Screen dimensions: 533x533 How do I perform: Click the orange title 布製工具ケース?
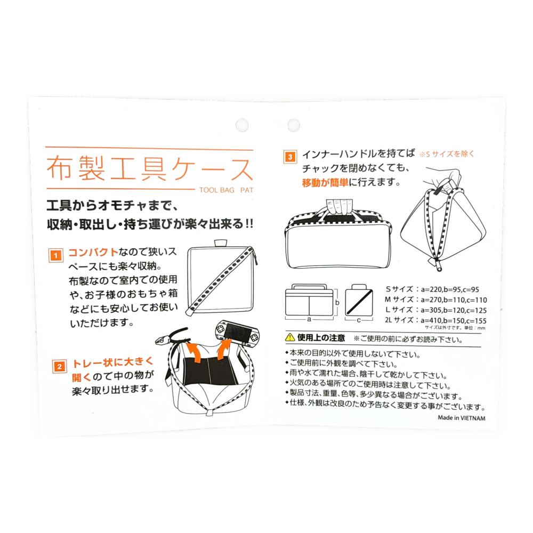(150, 168)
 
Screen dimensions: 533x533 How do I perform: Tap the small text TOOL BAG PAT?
(227, 190)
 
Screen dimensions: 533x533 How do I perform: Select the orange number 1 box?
(56, 255)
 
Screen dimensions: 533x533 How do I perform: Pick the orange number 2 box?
(60, 366)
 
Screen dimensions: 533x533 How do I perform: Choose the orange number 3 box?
(290, 157)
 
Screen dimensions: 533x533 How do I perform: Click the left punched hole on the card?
(242, 125)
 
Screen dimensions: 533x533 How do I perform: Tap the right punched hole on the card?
(294, 125)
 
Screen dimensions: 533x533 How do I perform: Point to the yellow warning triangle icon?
(289, 337)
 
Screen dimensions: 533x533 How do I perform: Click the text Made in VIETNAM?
(461, 418)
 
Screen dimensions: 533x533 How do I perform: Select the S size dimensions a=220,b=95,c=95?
(450, 289)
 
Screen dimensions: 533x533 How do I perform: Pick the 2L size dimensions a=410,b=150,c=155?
(454, 320)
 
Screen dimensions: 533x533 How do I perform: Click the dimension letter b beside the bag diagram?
(337, 302)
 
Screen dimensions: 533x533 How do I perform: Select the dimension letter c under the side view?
(359, 320)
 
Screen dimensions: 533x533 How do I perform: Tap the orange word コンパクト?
(93, 252)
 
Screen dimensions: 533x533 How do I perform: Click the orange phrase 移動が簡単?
(325, 182)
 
